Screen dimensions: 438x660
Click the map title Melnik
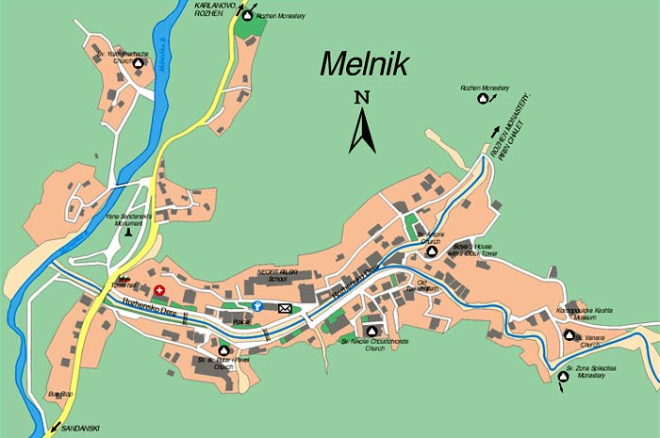pyautogui.click(x=363, y=63)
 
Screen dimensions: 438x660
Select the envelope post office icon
pyautogui.click(x=285, y=308)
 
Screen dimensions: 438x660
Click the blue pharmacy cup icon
pyautogui.click(x=256, y=305)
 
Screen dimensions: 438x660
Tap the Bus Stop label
pyautogui.click(x=59, y=393)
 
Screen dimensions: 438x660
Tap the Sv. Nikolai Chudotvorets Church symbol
pyautogui.click(x=371, y=332)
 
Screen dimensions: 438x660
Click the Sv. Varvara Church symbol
pyautogui.click(x=569, y=334)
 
